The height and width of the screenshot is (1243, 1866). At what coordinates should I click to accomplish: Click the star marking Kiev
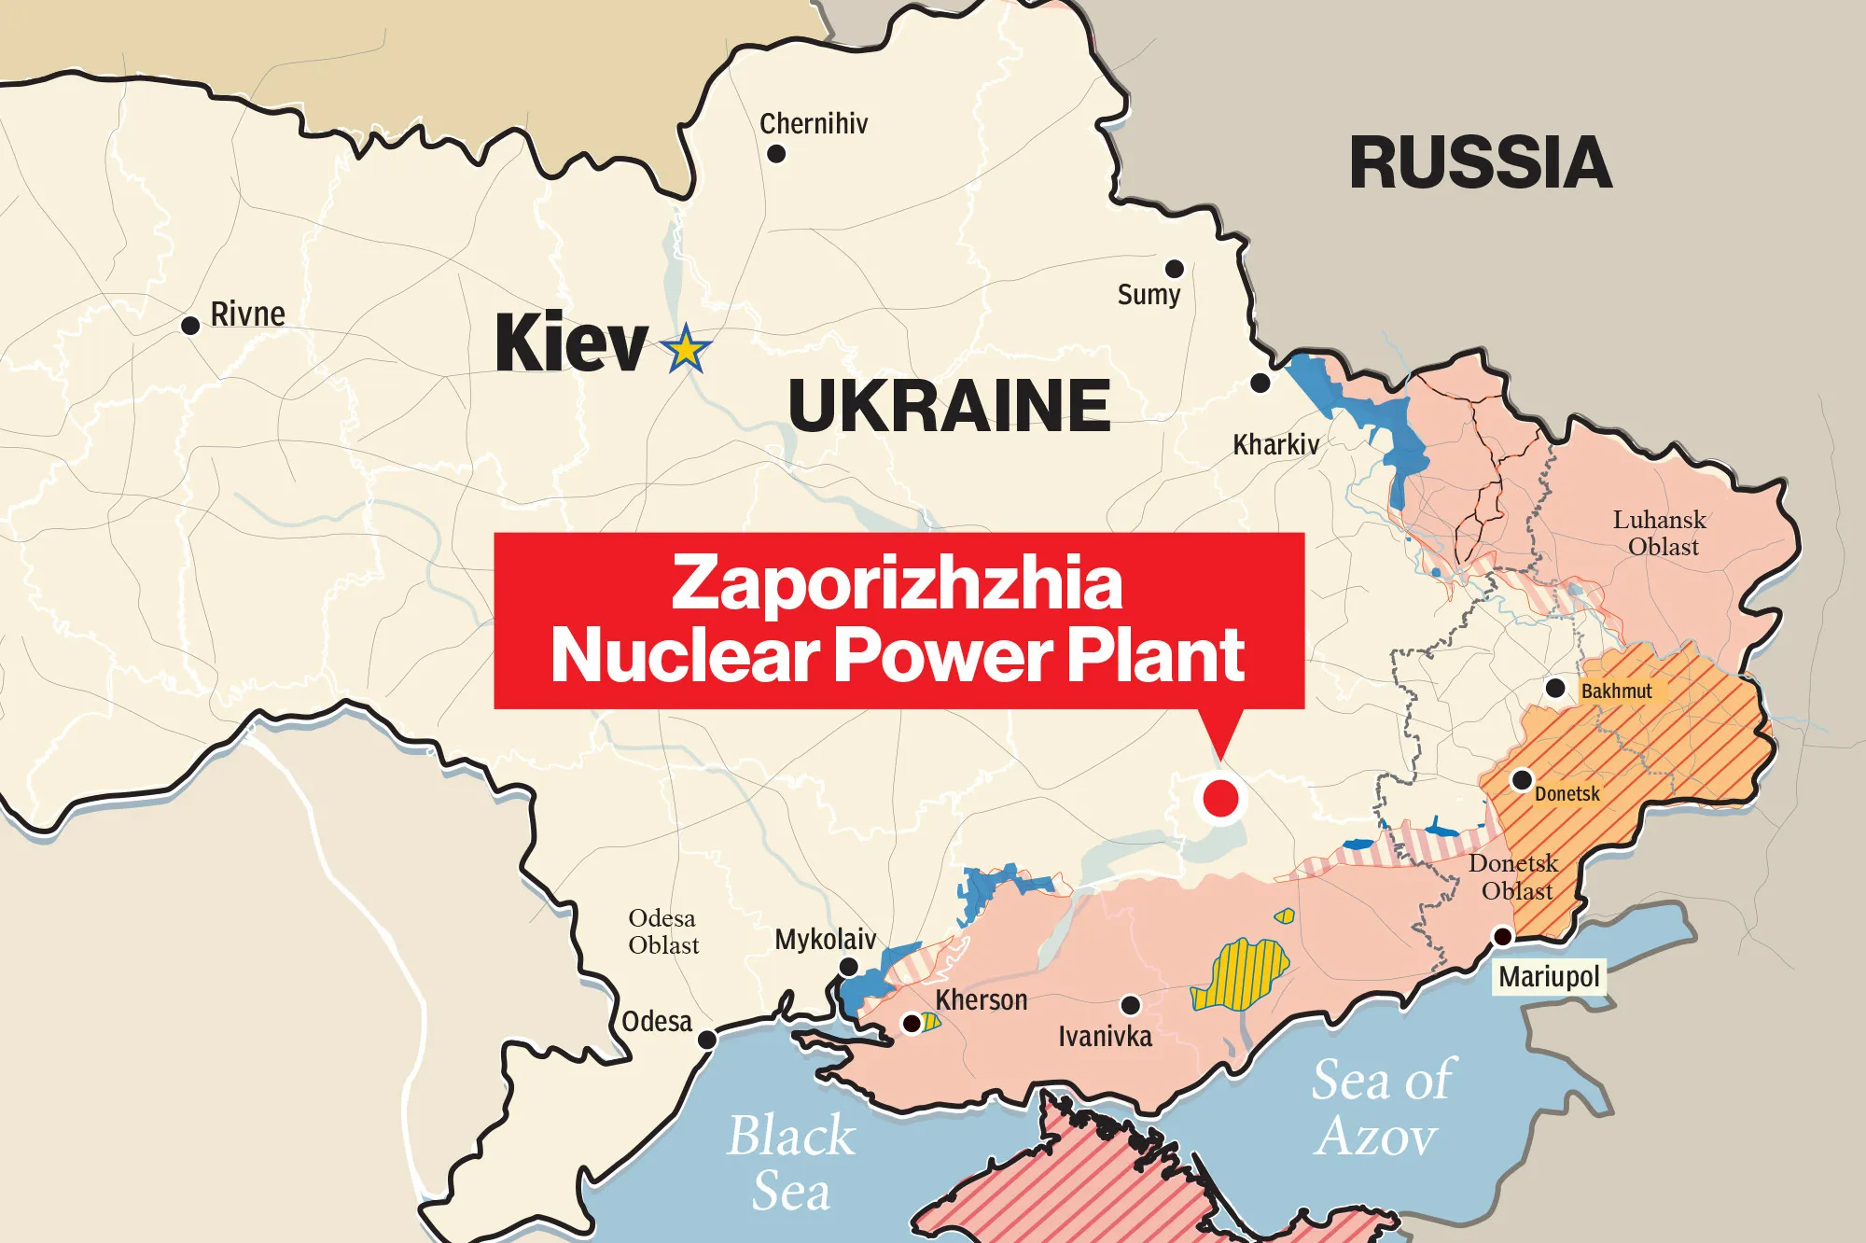click(x=686, y=349)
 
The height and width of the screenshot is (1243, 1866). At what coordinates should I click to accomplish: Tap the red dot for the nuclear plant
click(x=1220, y=799)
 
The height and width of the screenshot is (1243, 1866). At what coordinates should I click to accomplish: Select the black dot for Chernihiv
click(x=776, y=154)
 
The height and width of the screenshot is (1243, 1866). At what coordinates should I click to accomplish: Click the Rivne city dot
click(x=190, y=326)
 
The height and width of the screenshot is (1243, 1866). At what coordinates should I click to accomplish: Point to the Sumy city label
click(x=1149, y=295)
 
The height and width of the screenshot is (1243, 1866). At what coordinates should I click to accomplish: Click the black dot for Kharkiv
click(x=1260, y=383)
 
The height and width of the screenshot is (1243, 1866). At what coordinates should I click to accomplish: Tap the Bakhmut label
click(x=1616, y=691)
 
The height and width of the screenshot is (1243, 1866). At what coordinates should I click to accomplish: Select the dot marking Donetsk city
click(x=1522, y=779)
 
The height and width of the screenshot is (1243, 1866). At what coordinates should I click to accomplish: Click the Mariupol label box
click(x=1549, y=977)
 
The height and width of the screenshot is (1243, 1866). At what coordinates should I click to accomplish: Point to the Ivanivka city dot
click(x=1130, y=1005)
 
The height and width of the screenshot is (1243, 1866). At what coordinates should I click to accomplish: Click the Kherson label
click(x=982, y=1000)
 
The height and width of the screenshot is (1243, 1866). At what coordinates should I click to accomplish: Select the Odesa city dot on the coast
click(x=708, y=1040)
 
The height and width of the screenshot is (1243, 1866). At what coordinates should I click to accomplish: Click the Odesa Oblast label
click(x=662, y=931)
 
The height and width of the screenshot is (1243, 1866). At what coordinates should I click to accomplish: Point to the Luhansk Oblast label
click(x=1659, y=533)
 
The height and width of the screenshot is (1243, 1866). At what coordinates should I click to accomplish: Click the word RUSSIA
click(x=1481, y=163)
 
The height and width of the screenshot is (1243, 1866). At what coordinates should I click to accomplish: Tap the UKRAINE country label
click(x=949, y=406)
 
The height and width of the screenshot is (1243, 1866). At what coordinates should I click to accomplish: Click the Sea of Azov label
click(x=1381, y=1108)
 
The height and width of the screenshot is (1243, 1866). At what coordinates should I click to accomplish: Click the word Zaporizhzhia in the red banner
click(x=897, y=582)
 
